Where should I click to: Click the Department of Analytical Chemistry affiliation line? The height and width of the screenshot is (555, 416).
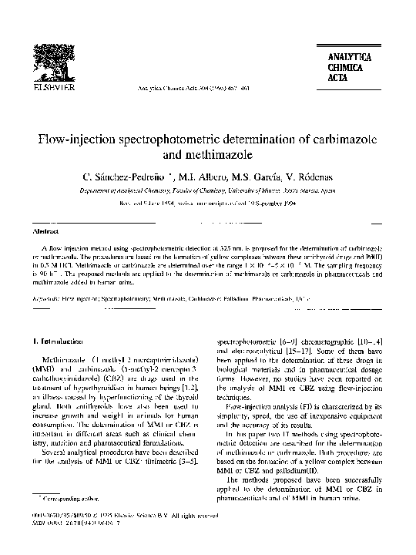(207, 192)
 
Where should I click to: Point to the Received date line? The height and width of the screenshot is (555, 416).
(207, 207)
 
